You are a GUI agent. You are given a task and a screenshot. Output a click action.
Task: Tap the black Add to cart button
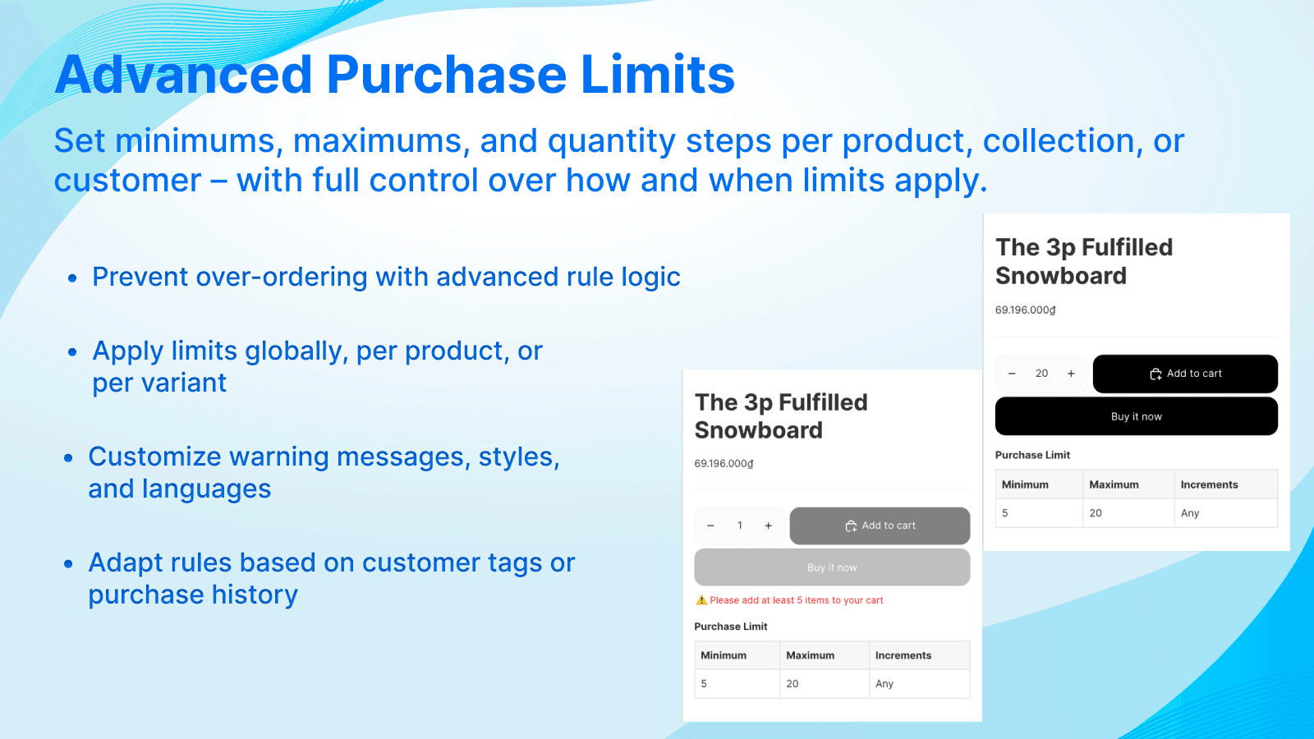(x=1184, y=374)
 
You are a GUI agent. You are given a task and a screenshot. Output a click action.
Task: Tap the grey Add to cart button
(x=880, y=526)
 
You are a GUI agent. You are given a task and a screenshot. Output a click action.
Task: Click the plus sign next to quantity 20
(x=1071, y=374)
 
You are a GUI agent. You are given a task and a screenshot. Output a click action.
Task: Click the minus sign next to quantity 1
(x=710, y=526)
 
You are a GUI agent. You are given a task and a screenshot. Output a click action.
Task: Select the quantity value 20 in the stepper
(x=1041, y=374)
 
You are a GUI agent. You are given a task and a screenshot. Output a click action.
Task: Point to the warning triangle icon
(x=701, y=600)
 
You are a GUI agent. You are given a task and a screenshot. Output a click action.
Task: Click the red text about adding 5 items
(x=797, y=600)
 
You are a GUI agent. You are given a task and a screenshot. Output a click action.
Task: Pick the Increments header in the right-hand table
(x=1209, y=484)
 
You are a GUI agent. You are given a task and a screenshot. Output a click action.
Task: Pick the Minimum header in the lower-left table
(x=724, y=655)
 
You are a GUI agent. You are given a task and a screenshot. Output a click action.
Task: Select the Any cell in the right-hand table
(x=1190, y=513)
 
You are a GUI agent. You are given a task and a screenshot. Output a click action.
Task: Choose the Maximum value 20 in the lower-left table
(x=793, y=683)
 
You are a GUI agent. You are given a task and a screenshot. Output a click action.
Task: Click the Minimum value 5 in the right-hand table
(x=1005, y=513)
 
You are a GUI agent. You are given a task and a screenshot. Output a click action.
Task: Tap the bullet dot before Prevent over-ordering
(x=72, y=278)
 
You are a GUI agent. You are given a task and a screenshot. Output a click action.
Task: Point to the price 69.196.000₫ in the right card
(x=1025, y=310)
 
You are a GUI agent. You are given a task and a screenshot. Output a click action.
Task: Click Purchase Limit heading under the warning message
(x=731, y=627)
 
